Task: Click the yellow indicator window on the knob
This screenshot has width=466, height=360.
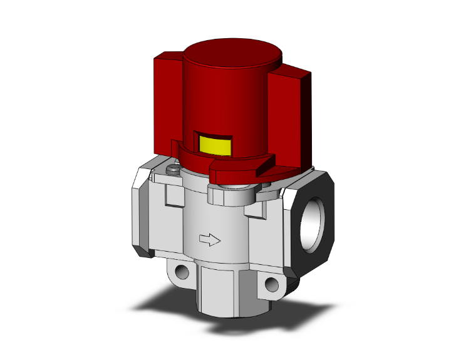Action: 213,145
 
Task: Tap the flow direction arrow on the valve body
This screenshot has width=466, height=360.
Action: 208,239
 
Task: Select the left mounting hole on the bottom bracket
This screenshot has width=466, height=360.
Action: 182,272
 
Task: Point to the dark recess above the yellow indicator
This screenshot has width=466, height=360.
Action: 213,134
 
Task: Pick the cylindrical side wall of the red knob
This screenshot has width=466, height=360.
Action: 251,106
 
